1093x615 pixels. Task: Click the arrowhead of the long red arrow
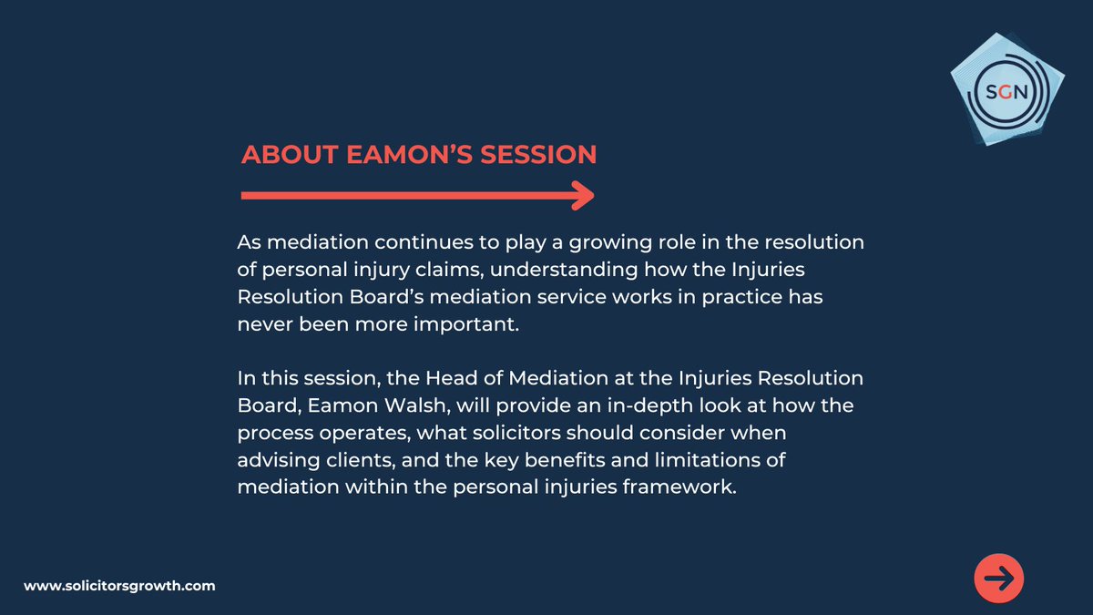pos(583,195)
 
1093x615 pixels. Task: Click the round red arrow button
pos(999,579)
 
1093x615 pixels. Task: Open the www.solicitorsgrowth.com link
pos(119,586)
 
